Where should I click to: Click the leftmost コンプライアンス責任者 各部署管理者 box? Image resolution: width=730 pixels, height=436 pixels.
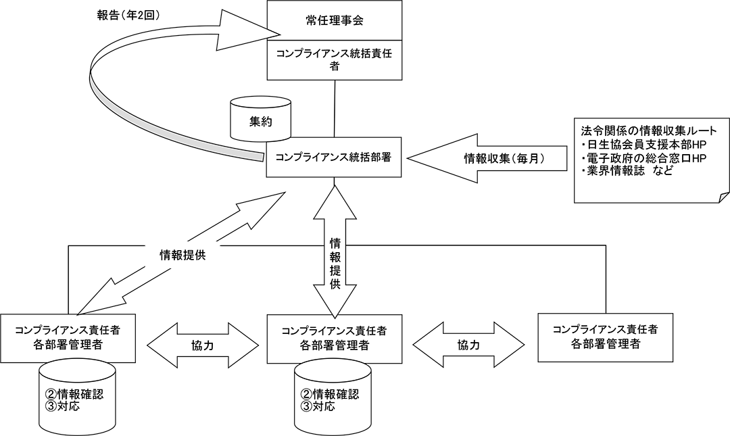[x=67, y=337]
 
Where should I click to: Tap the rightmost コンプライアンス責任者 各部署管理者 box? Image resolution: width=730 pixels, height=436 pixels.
[x=604, y=336]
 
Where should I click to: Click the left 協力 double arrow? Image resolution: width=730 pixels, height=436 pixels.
[x=203, y=345]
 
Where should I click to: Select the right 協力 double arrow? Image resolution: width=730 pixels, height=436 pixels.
[x=468, y=345]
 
